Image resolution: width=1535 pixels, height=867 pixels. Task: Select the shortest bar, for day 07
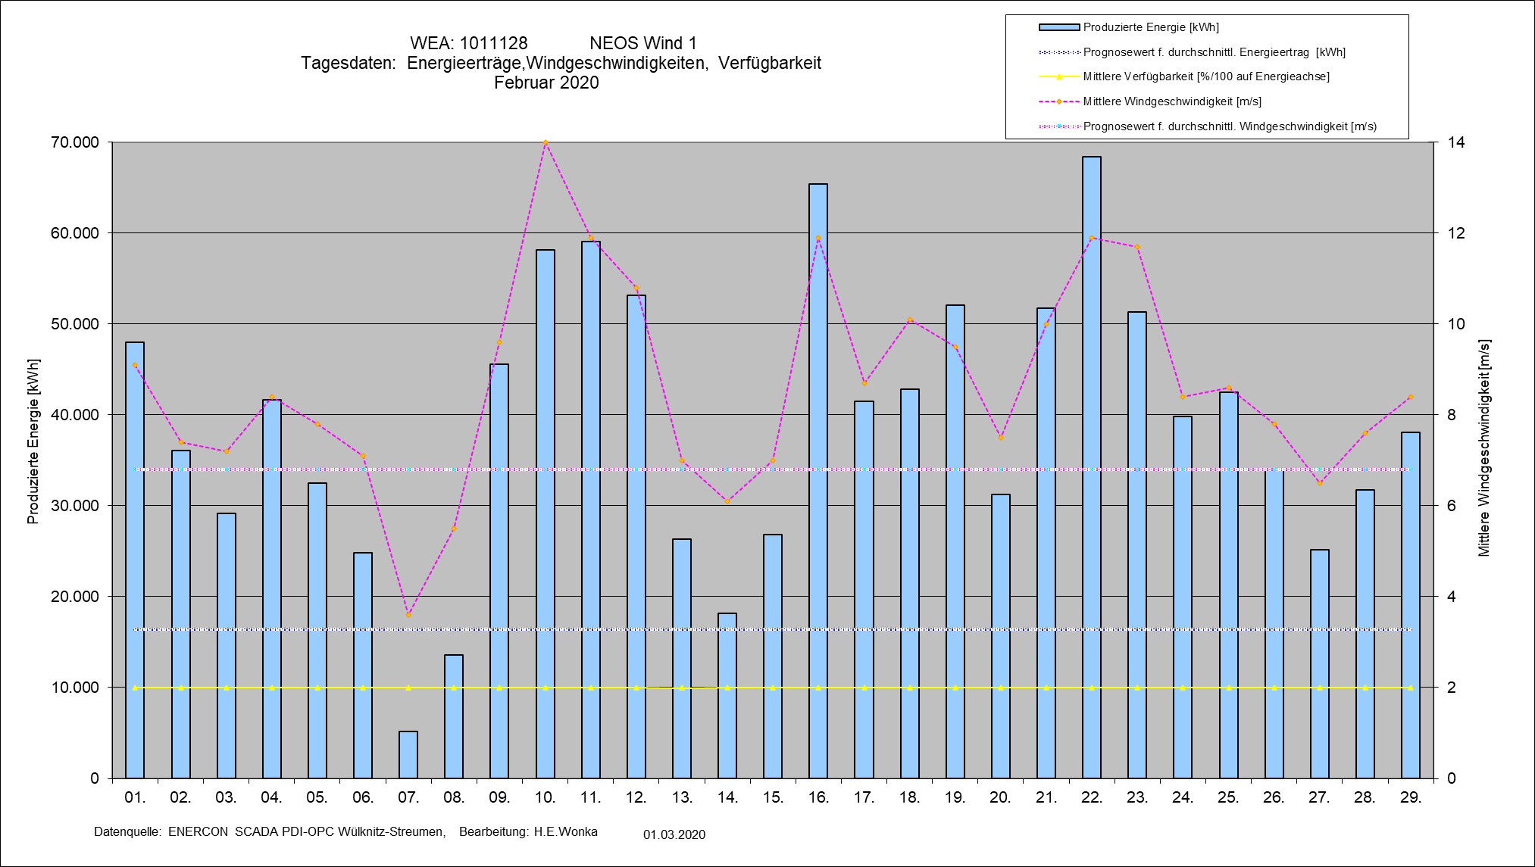[408, 755]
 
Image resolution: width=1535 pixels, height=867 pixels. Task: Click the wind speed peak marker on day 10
[546, 142]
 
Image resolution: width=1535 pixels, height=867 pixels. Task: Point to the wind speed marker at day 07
[408, 615]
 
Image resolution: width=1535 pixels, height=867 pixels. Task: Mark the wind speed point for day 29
[1410, 397]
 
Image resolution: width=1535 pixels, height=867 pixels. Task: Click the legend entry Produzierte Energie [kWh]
[1150, 27]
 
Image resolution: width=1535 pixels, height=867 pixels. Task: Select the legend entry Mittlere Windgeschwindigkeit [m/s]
[1171, 101]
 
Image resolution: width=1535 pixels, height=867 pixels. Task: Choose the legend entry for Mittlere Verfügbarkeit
[1205, 76]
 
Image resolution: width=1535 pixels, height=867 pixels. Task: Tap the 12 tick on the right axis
[1456, 233]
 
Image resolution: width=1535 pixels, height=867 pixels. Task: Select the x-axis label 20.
[1000, 797]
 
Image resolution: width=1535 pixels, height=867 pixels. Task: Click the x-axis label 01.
[135, 797]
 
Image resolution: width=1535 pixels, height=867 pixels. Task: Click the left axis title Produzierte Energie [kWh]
[33, 441]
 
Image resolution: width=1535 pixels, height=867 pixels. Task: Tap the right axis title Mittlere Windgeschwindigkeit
[1483, 448]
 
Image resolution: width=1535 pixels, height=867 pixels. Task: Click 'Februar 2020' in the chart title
[546, 83]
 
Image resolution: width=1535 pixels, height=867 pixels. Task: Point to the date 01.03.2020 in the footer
[674, 834]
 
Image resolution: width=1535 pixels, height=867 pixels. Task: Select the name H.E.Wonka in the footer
[565, 831]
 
